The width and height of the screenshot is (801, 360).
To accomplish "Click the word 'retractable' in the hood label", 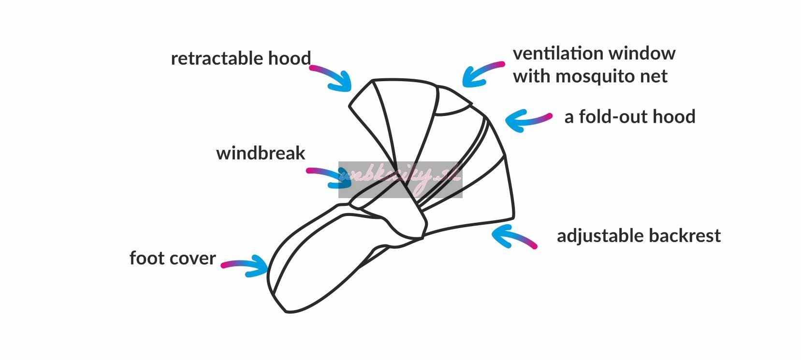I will point(211,58).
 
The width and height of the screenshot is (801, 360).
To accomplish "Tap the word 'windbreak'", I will point(261,153).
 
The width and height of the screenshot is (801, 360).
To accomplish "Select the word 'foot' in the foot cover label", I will point(144,258).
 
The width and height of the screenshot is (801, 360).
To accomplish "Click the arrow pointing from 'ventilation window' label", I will point(481,74).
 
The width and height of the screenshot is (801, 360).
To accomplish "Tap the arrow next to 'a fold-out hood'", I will point(527,120).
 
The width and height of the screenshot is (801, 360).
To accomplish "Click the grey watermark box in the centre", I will point(400,180).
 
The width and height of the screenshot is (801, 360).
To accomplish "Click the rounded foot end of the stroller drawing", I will point(280,290).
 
